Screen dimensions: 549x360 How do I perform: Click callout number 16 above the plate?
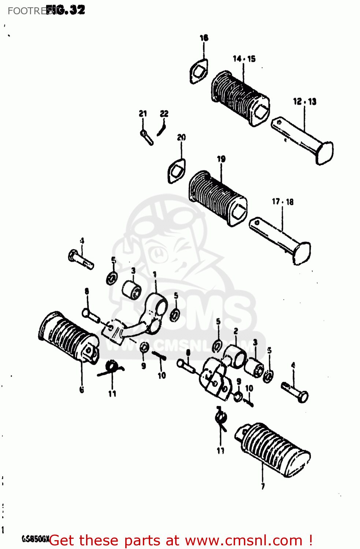point(204,38)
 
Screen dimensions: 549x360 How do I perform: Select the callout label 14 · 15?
point(244,59)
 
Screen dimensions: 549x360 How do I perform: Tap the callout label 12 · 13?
point(304,101)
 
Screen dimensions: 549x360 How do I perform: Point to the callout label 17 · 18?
point(282,202)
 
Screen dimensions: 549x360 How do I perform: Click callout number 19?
point(221,159)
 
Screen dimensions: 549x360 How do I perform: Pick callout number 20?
point(181,137)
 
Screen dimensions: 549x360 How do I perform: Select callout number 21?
point(143,113)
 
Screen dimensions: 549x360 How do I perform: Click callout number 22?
point(164,113)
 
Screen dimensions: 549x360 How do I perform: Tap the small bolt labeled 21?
point(146,137)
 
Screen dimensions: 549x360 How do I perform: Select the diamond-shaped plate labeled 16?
point(199,72)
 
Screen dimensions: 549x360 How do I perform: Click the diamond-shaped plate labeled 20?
point(177,170)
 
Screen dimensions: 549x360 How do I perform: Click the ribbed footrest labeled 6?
point(68,337)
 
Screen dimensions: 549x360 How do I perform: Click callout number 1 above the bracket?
point(155,274)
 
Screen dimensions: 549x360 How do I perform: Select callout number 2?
point(236,331)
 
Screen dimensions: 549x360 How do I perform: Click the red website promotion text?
point(181,541)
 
